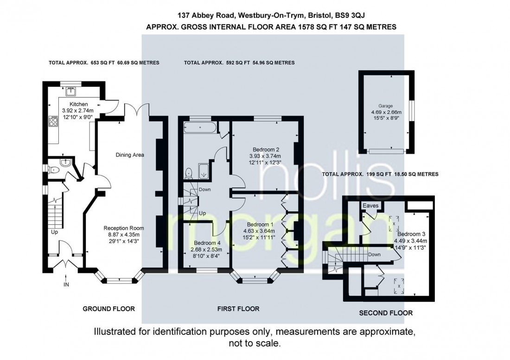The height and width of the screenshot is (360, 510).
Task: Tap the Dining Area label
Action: (x=130, y=155)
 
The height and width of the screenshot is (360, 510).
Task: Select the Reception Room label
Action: (x=124, y=228)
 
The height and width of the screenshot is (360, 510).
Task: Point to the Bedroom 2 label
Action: (x=266, y=149)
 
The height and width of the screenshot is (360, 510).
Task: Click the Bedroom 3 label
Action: (x=409, y=234)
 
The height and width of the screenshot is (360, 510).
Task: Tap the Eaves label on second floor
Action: (x=371, y=205)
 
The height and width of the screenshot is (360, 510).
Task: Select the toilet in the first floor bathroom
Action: (x=189, y=173)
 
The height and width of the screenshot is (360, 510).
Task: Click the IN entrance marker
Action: (x=66, y=284)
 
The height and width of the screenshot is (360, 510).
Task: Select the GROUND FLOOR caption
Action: (x=108, y=309)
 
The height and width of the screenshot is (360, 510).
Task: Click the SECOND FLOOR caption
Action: (x=386, y=313)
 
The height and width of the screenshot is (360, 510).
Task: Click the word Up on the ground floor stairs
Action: (x=54, y=232)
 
